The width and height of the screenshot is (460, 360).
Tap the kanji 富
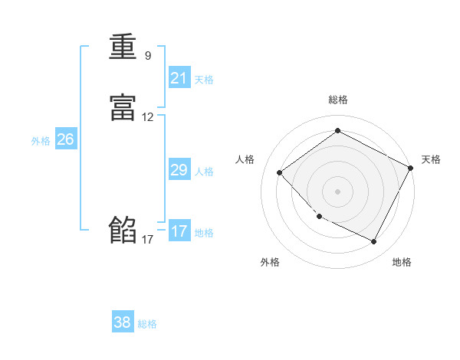[123, 109]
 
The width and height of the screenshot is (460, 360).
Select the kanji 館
[123, 230]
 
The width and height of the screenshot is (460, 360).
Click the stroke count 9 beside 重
[147, 56]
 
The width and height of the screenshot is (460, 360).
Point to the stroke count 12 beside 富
[147, 118]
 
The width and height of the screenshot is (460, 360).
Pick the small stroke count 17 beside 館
[147, 240]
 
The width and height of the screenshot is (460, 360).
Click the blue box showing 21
[179, 77]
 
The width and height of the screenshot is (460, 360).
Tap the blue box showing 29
[179, 170]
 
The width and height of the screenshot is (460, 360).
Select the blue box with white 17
[179, 231]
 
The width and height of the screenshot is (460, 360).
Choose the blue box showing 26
[66, 139]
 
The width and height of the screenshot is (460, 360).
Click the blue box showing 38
[123, 322]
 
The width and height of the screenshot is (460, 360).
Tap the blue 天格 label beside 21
[204, 79]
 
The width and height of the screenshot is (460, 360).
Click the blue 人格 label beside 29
[204, 172]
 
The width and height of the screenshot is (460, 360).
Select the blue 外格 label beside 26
[41, 141]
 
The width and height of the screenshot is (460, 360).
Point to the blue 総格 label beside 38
[147, 324]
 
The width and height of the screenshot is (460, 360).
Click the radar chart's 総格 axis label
[338, 100]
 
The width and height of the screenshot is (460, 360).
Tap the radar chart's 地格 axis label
[402, 262]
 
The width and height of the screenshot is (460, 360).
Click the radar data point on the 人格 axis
[280, 173]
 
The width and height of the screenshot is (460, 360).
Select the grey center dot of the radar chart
[338, 191]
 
